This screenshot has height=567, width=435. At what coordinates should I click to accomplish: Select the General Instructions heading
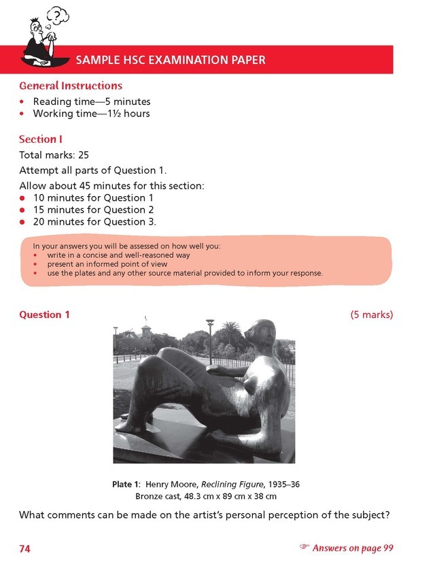[71, 86]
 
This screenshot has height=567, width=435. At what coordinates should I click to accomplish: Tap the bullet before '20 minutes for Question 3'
[22, 222]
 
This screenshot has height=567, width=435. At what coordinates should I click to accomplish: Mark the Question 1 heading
[45, 314]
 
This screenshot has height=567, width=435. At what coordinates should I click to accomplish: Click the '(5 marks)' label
[372, 314]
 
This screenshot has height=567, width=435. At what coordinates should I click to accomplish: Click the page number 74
[26, 549]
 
